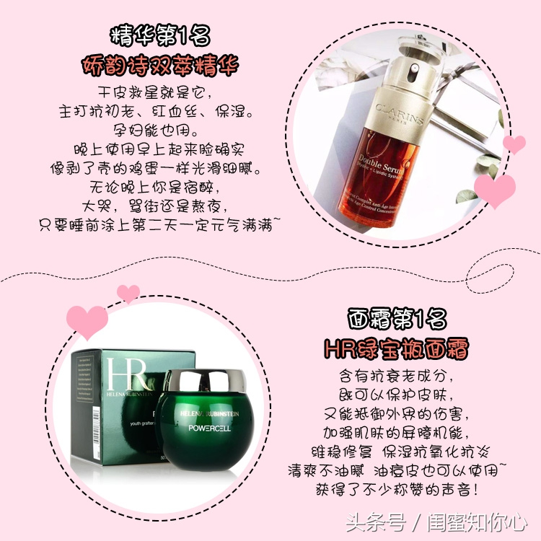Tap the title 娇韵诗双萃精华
tap(159, 66)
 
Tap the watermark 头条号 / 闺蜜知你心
tap(436, 520)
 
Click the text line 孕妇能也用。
tap(159, 132)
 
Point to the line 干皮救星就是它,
tap(159, 94)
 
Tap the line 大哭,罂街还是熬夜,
tap(159, 207)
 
